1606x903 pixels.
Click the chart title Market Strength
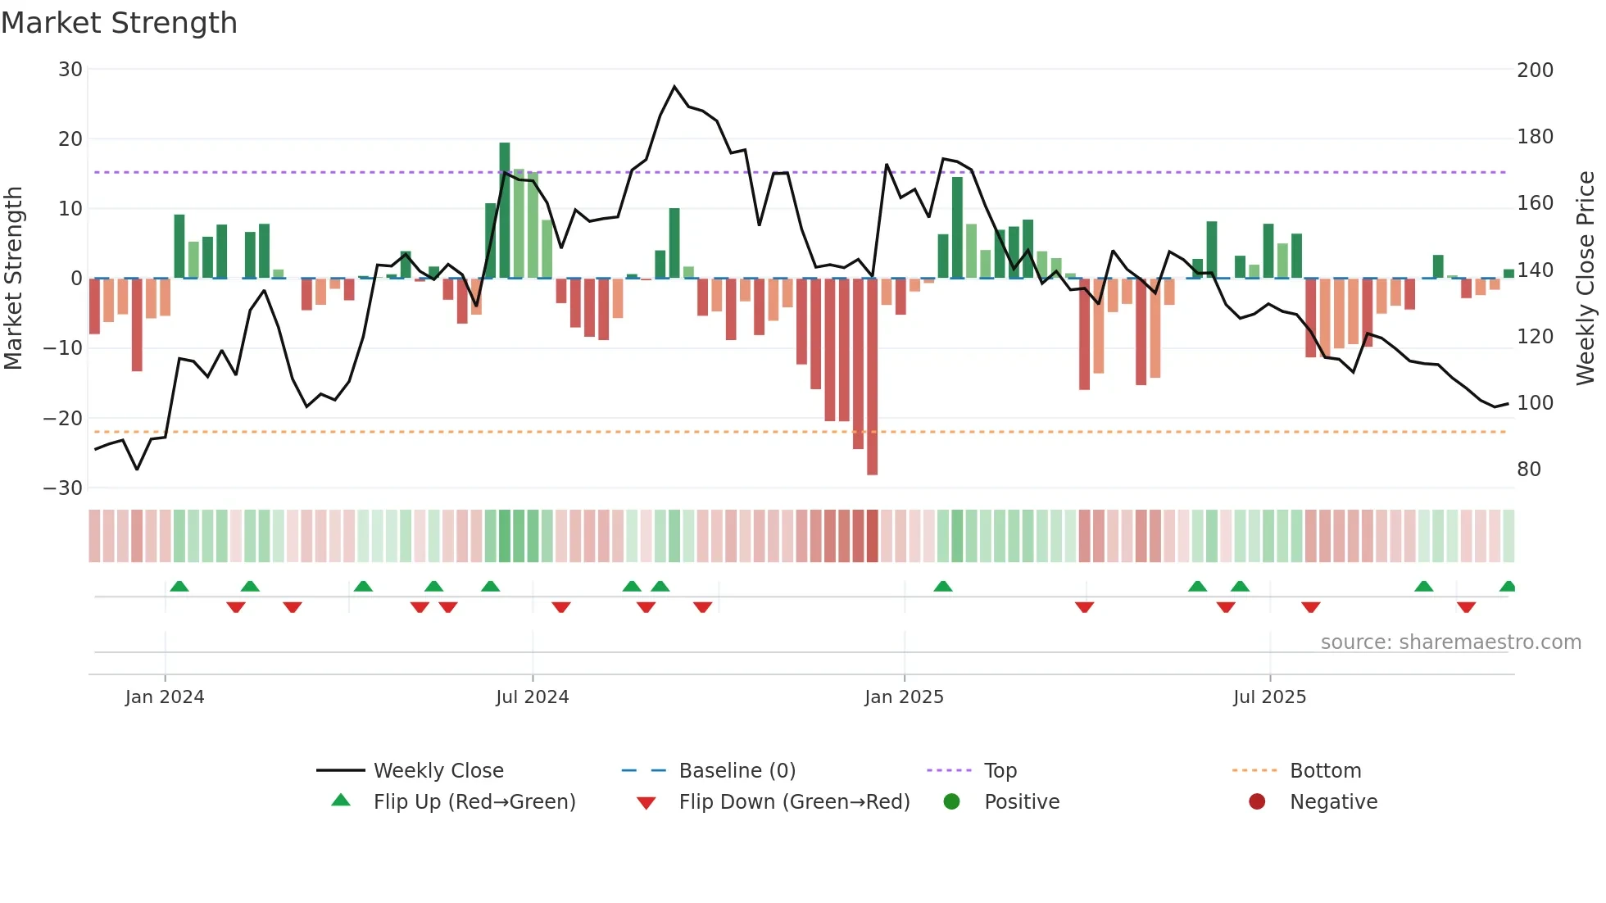click(x=119, y=23)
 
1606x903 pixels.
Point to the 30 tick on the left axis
click(x=70, y=70)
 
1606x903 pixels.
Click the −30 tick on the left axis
click(x=63, y=488)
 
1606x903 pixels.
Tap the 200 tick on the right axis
click(x=1535, y=70)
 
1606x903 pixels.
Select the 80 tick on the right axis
click(x=1528, y=470)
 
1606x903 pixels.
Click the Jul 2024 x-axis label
click(x=532, y=697)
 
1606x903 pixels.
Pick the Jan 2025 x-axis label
click(x=904, y=697)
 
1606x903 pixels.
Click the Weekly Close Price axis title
click(x=1586, y=279)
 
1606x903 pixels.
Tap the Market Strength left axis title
click(x=13, y=279)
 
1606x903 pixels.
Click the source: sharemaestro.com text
click(x=1450, y=642)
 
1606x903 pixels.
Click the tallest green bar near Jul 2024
click(x=505, y=210)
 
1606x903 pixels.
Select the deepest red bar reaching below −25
click(x=872, y=377)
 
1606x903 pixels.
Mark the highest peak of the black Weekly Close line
click(x=674, y=86)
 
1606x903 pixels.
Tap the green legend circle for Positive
click(x=951, y=802)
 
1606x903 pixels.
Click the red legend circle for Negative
click(x=1257, y=802)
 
